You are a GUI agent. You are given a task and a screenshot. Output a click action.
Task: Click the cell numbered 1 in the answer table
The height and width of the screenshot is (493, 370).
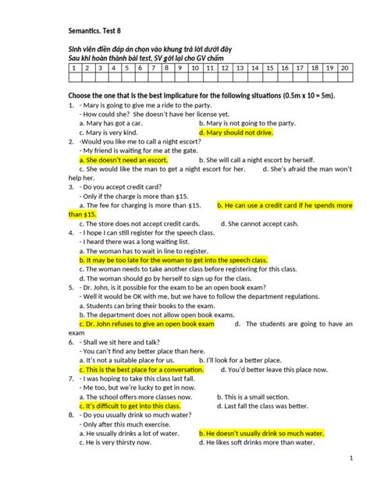point(73,68)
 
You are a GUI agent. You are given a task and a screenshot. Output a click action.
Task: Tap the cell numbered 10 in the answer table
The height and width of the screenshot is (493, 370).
point(194,68)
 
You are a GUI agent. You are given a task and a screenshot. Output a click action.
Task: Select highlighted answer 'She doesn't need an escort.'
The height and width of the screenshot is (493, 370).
point(125,158)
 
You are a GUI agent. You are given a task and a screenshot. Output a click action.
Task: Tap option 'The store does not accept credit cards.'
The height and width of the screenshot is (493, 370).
point(142,224)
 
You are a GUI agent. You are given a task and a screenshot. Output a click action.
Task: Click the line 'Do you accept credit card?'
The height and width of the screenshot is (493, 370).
point(127,188)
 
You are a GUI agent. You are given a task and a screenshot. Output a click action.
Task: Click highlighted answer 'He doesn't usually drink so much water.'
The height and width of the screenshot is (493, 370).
point(260,433)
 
